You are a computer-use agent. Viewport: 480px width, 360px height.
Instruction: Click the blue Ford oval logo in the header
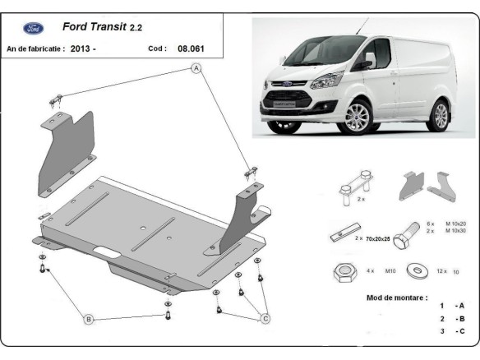[34, 28]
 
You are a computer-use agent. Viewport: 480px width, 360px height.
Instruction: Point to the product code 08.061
[191, 48]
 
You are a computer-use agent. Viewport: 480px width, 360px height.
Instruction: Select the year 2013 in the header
[80, 48]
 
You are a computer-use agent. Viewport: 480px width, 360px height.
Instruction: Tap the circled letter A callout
[196, 69]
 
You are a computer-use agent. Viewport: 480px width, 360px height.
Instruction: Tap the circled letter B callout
[89, 319]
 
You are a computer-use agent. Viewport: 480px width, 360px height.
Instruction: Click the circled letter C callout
[265, 319]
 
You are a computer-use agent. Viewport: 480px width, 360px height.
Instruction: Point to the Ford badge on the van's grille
[282, 85]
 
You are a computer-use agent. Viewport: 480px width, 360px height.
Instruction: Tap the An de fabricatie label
[35, 48]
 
